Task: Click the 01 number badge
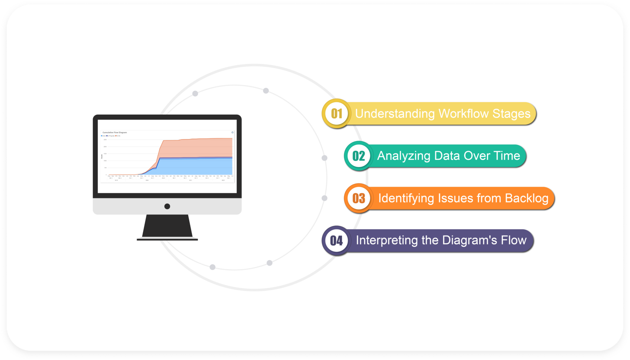(x=336, y=114)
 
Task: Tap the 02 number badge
(x=358, y=156)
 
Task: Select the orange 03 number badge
(x=358, y=198)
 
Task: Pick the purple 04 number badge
(x=336, y=241)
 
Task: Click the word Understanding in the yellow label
(x=394, y=114)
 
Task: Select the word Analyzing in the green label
(x=403, y=156)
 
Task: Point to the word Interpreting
(x=387, y=240)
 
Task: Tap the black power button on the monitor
(x=167, y=206)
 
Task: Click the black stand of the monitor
(x=167, y=226)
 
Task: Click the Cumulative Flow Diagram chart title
(x=115, y=132)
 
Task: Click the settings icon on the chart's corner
(x=232, y=132)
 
